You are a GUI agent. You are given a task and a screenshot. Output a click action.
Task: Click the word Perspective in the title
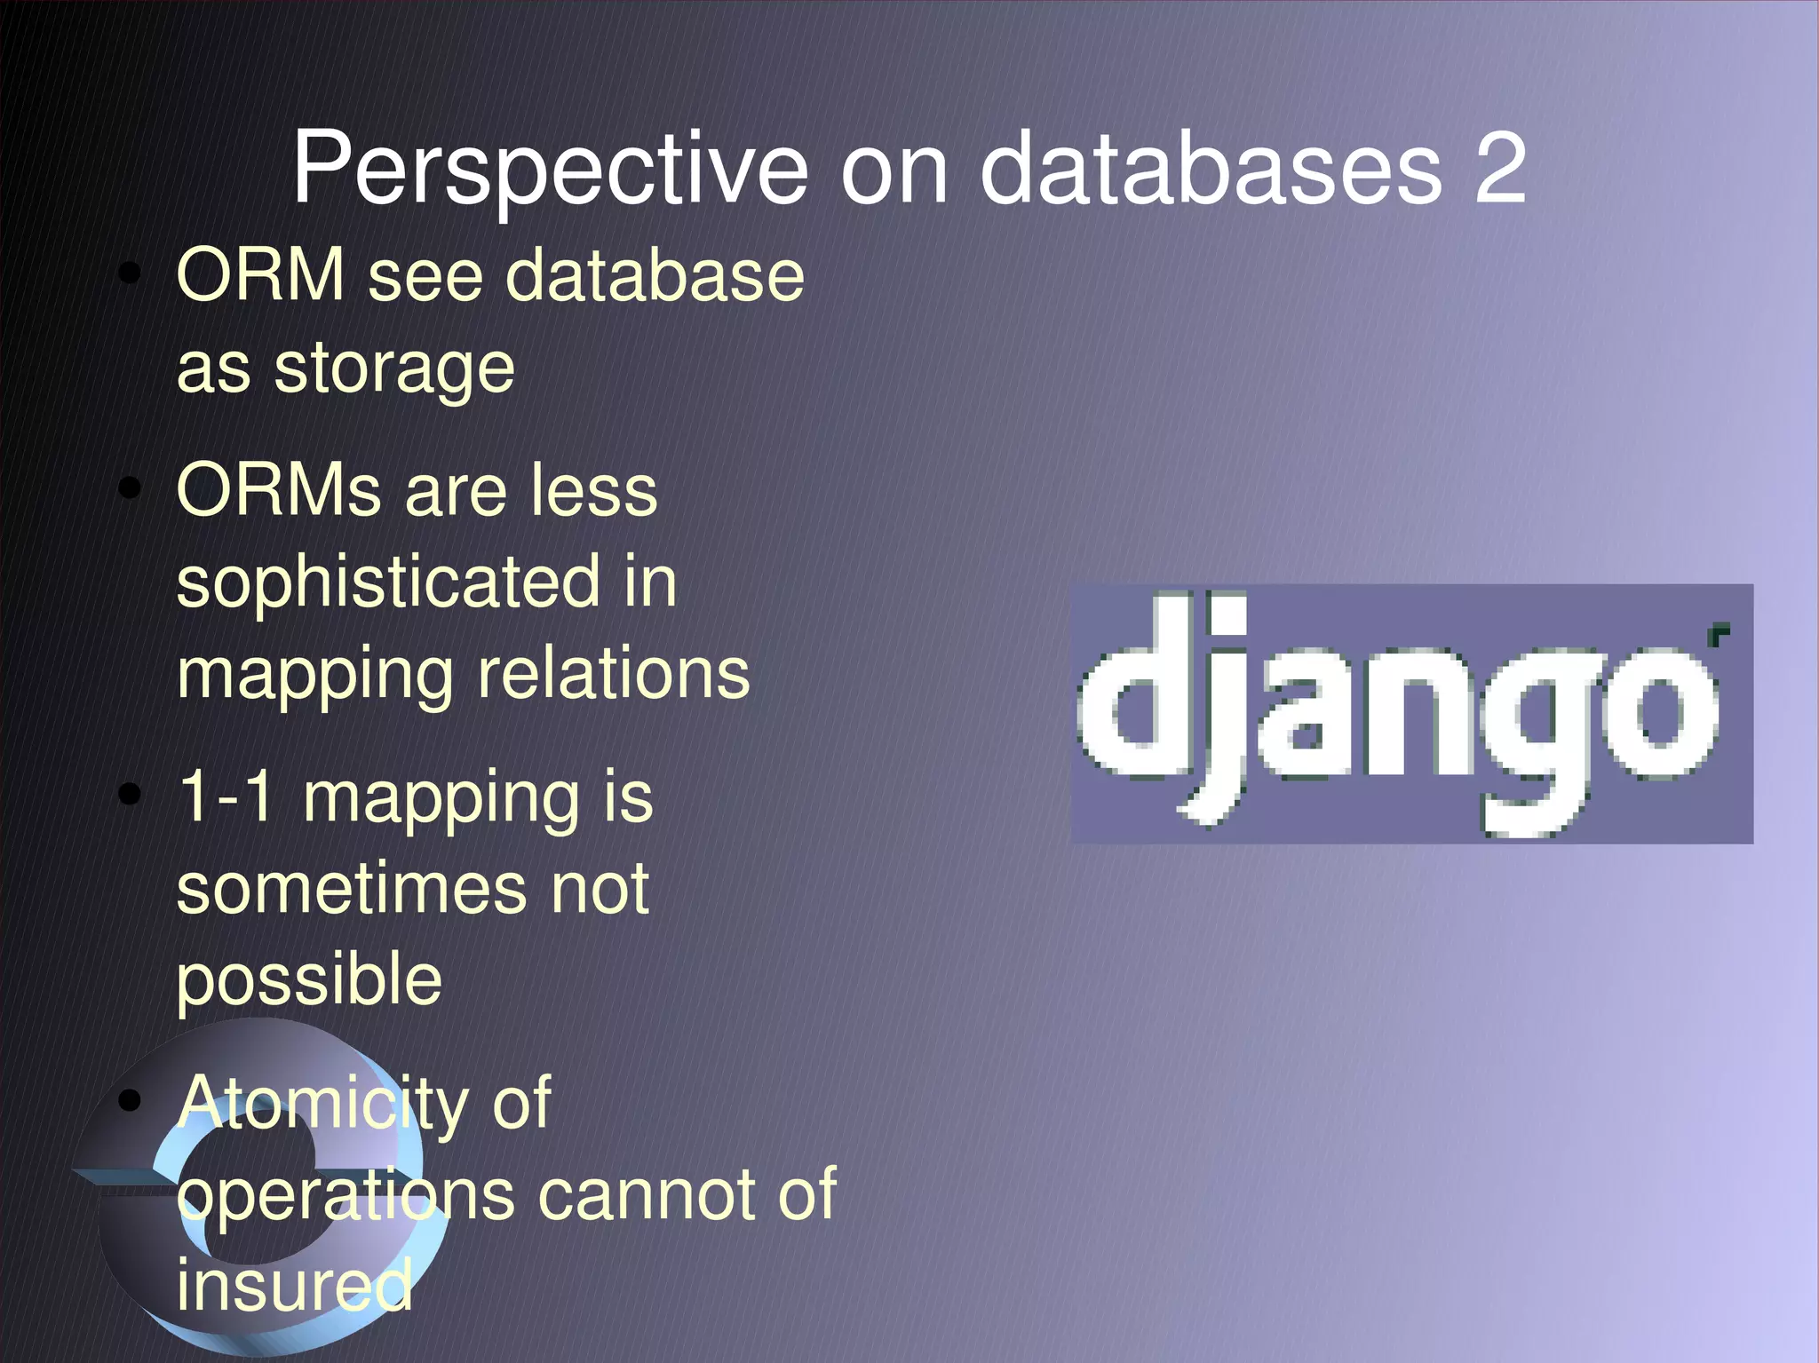551,169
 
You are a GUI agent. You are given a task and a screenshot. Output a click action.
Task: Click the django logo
1412,714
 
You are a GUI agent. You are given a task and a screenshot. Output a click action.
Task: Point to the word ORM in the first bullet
260,275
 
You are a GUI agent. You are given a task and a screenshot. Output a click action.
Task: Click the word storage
393,368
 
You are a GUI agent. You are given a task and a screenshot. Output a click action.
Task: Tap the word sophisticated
389,582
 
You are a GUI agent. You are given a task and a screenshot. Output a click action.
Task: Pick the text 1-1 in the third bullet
226,796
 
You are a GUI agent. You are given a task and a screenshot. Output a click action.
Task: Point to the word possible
309,980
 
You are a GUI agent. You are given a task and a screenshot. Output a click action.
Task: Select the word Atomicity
322,1104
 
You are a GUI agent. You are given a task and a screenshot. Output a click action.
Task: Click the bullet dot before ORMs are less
131,487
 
